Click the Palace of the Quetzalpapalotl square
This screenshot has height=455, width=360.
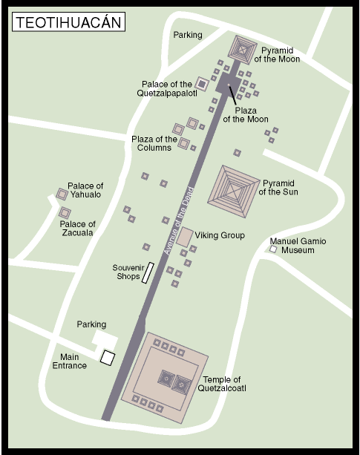point(200,84)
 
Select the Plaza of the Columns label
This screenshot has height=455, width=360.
point(154,143)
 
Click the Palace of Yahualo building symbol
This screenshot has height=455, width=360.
point(62,194)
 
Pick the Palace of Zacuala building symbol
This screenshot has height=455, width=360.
point(65,213)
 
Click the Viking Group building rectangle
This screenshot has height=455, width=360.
point(186,236)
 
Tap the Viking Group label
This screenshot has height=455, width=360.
point(220,236)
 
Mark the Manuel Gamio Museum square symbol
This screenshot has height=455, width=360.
point(273,250)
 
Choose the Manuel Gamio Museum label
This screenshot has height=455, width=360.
point(298,246)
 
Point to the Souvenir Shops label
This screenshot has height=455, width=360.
point(126,272)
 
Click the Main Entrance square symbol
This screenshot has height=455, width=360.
point(108,358)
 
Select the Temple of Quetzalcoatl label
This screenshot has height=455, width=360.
point(223,384)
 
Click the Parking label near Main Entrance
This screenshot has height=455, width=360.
point(91,324)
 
